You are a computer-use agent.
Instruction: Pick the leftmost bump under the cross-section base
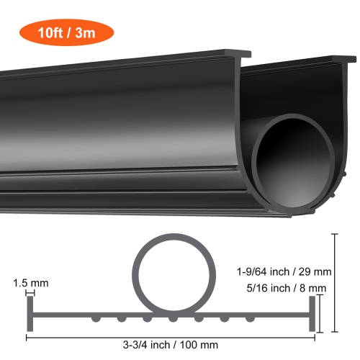(x=94, y=317)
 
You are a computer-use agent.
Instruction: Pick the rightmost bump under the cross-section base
(x=250, y=317)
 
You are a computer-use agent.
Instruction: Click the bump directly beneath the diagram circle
(x=172, y=317)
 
